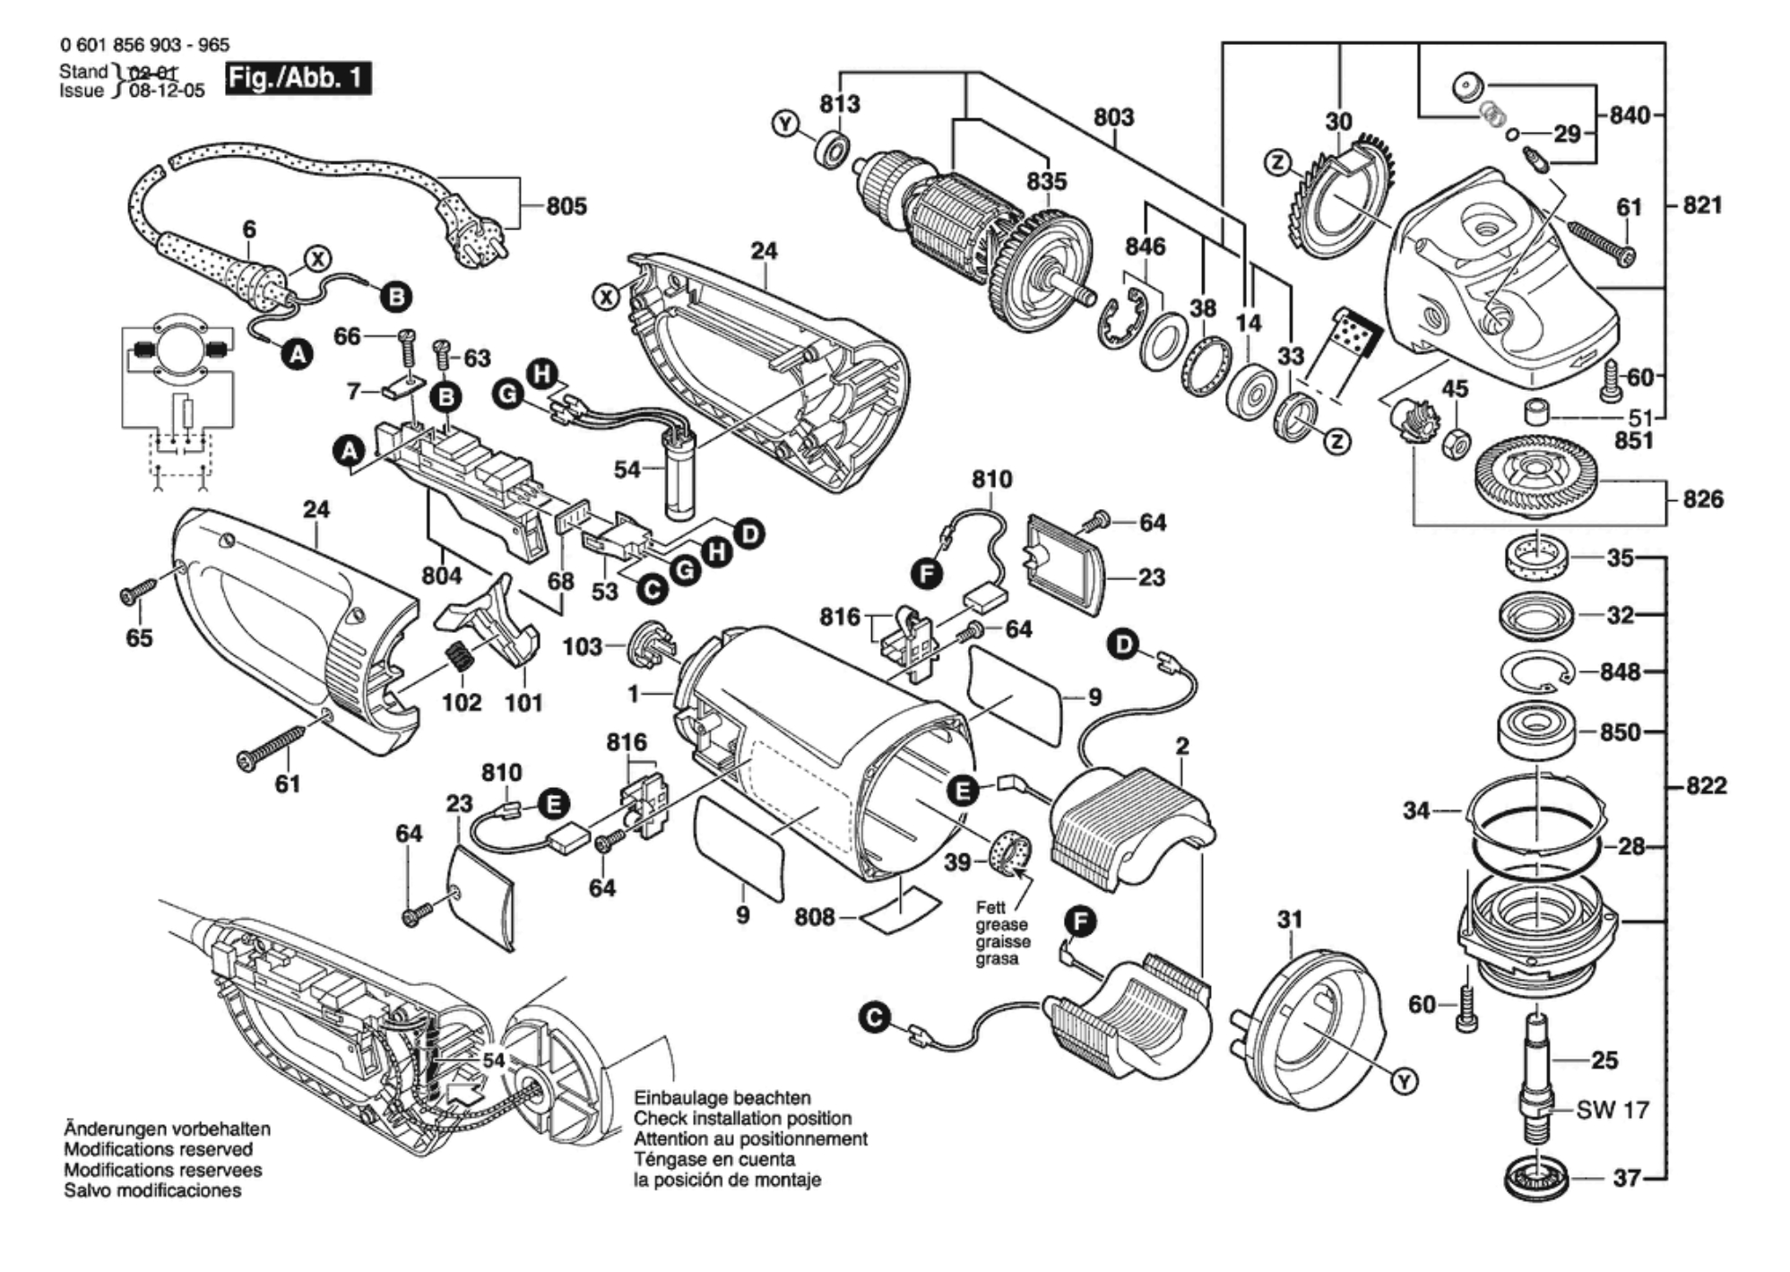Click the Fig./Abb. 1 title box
298,78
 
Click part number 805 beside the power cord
566,206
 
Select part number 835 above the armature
1046,181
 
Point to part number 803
1113,117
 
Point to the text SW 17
1613,1110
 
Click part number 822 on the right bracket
1706,785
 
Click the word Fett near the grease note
991,907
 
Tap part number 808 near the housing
814,917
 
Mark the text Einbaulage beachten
722,1098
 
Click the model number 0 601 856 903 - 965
144,45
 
